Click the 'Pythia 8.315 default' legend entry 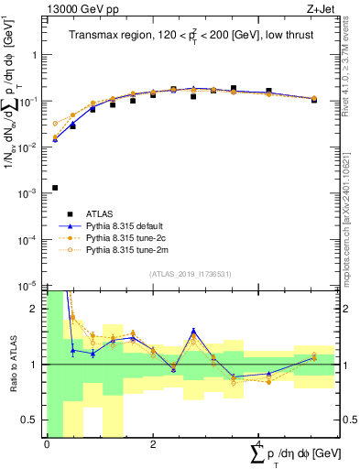122,225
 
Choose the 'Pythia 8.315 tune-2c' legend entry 122,237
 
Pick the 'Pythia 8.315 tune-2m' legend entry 122,249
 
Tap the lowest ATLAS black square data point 55,188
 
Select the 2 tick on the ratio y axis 36,309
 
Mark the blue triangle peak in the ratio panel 193,331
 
